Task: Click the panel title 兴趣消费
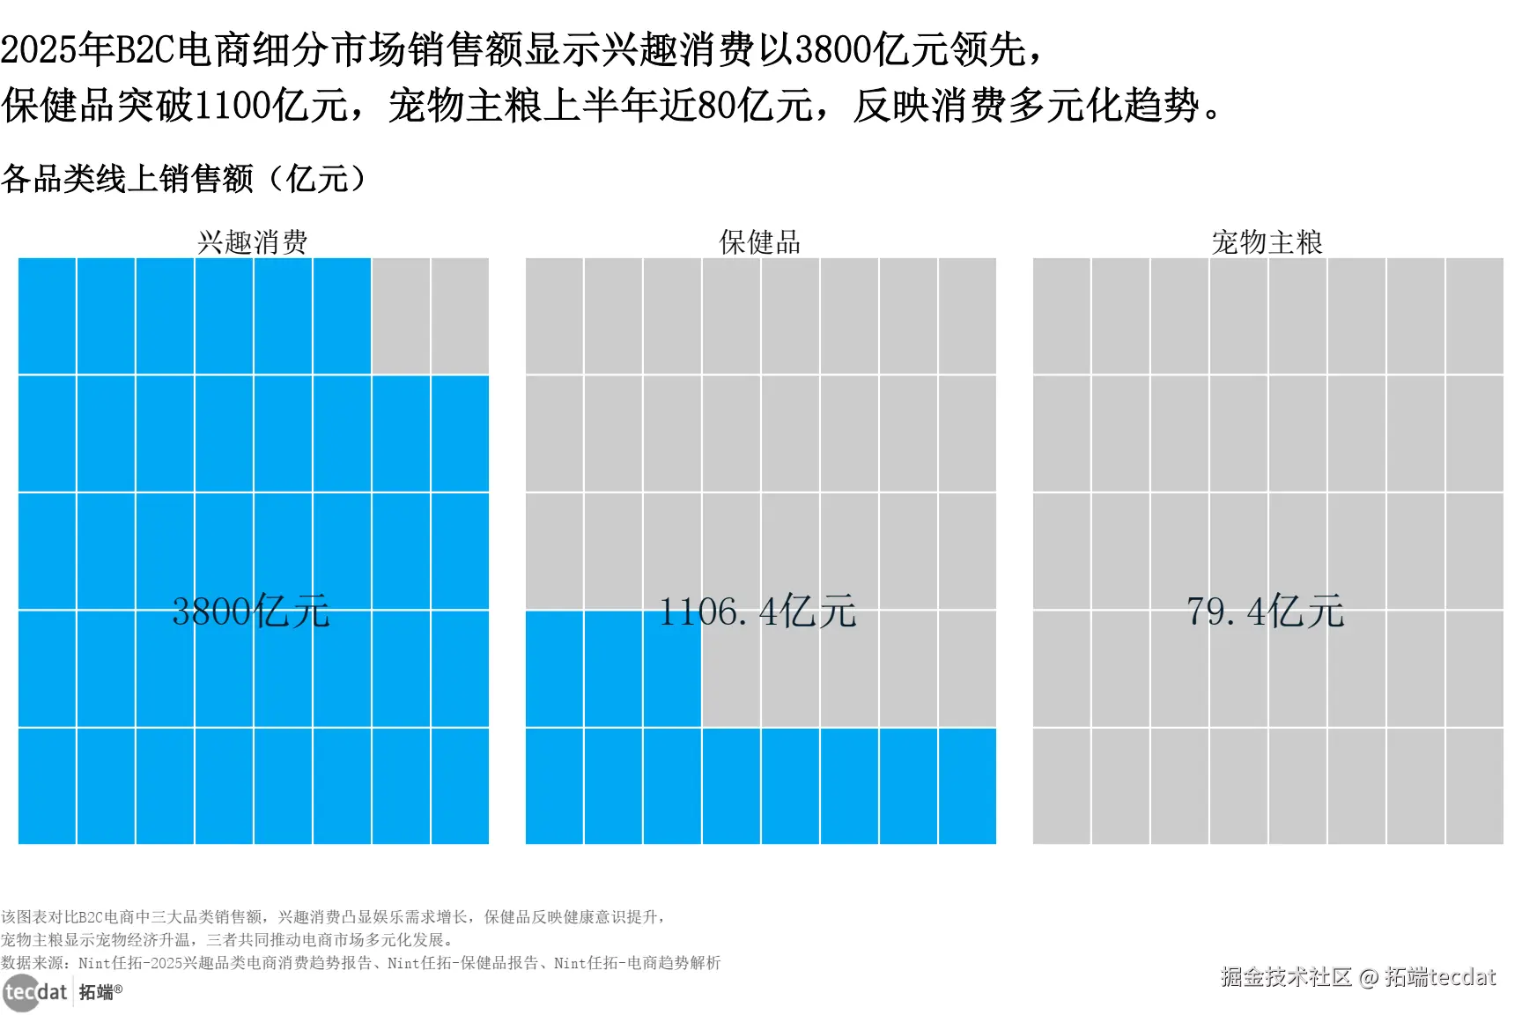click(253, 241)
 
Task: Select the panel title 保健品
click(759, 241)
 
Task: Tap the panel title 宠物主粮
click(1267, 241)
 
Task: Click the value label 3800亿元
click(251, 611)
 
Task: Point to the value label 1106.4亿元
click(757, 611)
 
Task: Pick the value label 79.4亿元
click(1265, 611)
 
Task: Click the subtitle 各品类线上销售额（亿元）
click(183, 179)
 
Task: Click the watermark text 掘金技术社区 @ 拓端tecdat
click(1357, 976)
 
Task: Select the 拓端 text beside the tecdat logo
click(97, 993)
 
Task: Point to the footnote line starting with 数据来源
click(360, 963)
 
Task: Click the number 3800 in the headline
click(833, 49)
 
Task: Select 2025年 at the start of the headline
click(57, 49)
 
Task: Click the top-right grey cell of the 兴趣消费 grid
click(460, 316)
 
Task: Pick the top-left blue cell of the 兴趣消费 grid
click(48, 316)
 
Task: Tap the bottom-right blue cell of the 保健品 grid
click(967, 786)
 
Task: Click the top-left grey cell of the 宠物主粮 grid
click(1061, 316)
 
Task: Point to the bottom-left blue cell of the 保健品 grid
click(554, 786)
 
